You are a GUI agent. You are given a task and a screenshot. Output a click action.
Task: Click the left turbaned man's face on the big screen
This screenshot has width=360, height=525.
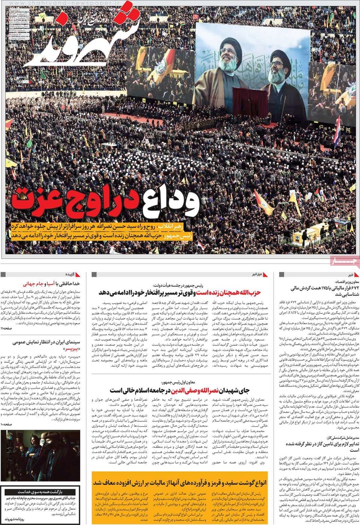tap(228, 57)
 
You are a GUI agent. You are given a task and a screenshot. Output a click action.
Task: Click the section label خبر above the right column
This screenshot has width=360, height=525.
tap(335, 274)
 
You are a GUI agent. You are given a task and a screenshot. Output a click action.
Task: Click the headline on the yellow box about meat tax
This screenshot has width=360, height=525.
tap(179, 481)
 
